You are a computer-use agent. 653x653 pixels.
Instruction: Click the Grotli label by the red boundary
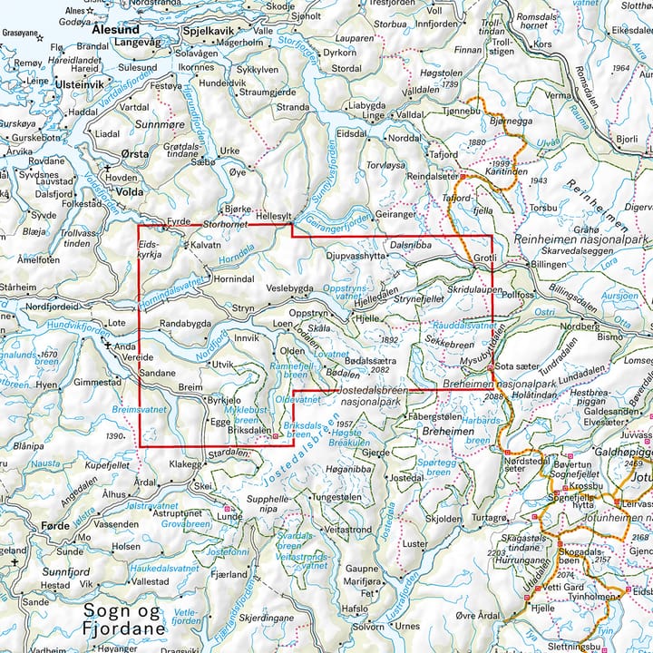tap(485, 258)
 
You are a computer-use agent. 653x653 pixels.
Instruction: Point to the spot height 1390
tap(114, 437)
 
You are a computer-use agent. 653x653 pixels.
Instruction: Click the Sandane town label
tap(156, 373)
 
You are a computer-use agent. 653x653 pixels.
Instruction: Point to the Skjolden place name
tap(443, 520)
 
